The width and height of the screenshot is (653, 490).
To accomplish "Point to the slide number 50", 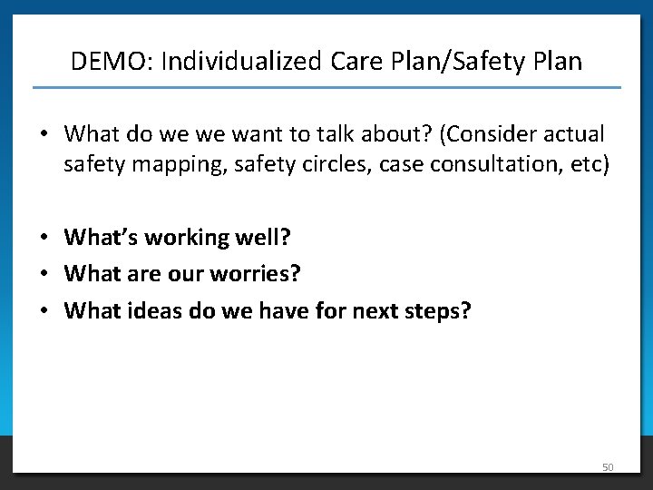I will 608,467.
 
